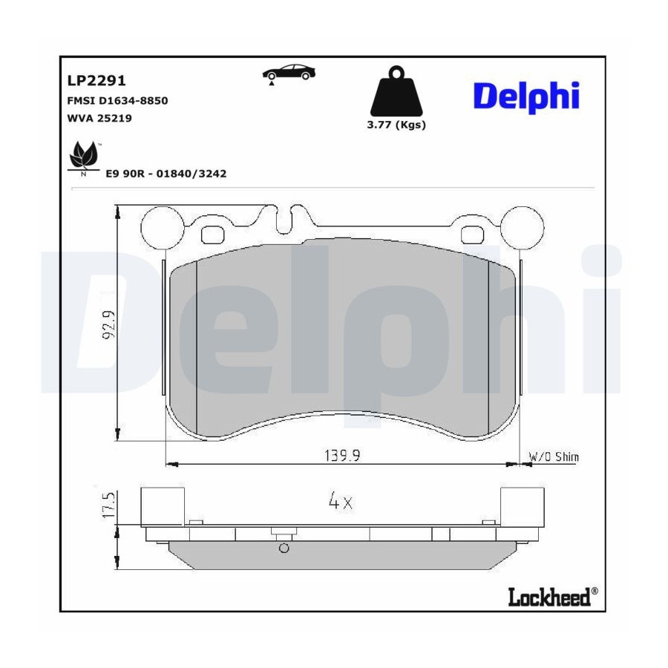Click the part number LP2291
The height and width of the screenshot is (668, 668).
[x=96, y=80]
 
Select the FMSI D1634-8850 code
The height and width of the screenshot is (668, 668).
[x=117, y=100]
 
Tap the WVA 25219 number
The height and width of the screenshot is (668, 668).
[x=99, y=118]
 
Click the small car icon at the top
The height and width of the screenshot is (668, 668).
[x=289, y=73]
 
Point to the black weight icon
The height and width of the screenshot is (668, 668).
[x=396, y=91]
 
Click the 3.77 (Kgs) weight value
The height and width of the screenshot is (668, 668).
[x=396, y=125]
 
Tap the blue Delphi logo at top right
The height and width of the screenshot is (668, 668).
[x=526, y=97]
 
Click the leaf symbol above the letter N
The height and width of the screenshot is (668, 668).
[x=83, y=154]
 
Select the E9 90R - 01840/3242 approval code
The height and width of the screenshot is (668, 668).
[x=166, y=174]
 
